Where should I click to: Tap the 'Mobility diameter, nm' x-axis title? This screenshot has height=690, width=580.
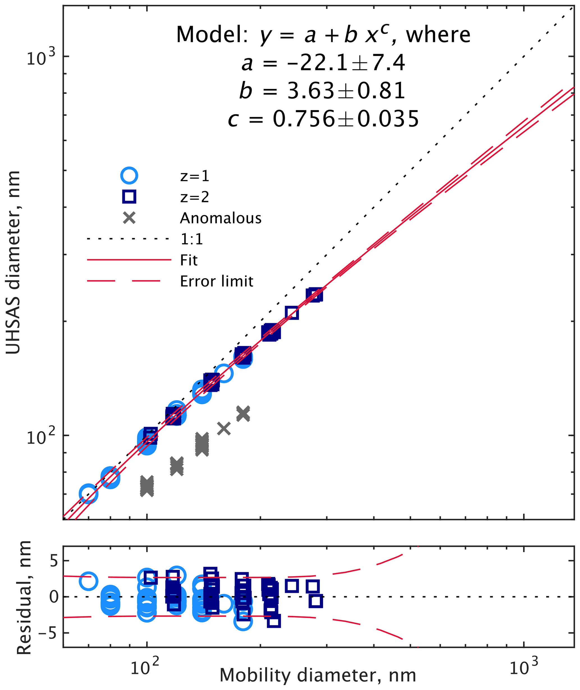318,675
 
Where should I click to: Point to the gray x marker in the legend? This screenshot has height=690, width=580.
129,218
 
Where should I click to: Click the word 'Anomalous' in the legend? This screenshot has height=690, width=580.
221,218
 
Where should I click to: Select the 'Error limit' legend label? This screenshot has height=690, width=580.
217,281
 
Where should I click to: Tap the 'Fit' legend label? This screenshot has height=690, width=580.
189,260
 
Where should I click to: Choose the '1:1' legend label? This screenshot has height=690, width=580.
192,239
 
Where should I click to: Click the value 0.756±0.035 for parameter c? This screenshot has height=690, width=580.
346,119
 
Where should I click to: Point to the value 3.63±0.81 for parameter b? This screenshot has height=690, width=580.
346,91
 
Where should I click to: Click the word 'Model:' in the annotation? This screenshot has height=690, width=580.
212,35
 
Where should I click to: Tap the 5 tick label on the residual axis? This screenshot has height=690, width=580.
54,561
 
